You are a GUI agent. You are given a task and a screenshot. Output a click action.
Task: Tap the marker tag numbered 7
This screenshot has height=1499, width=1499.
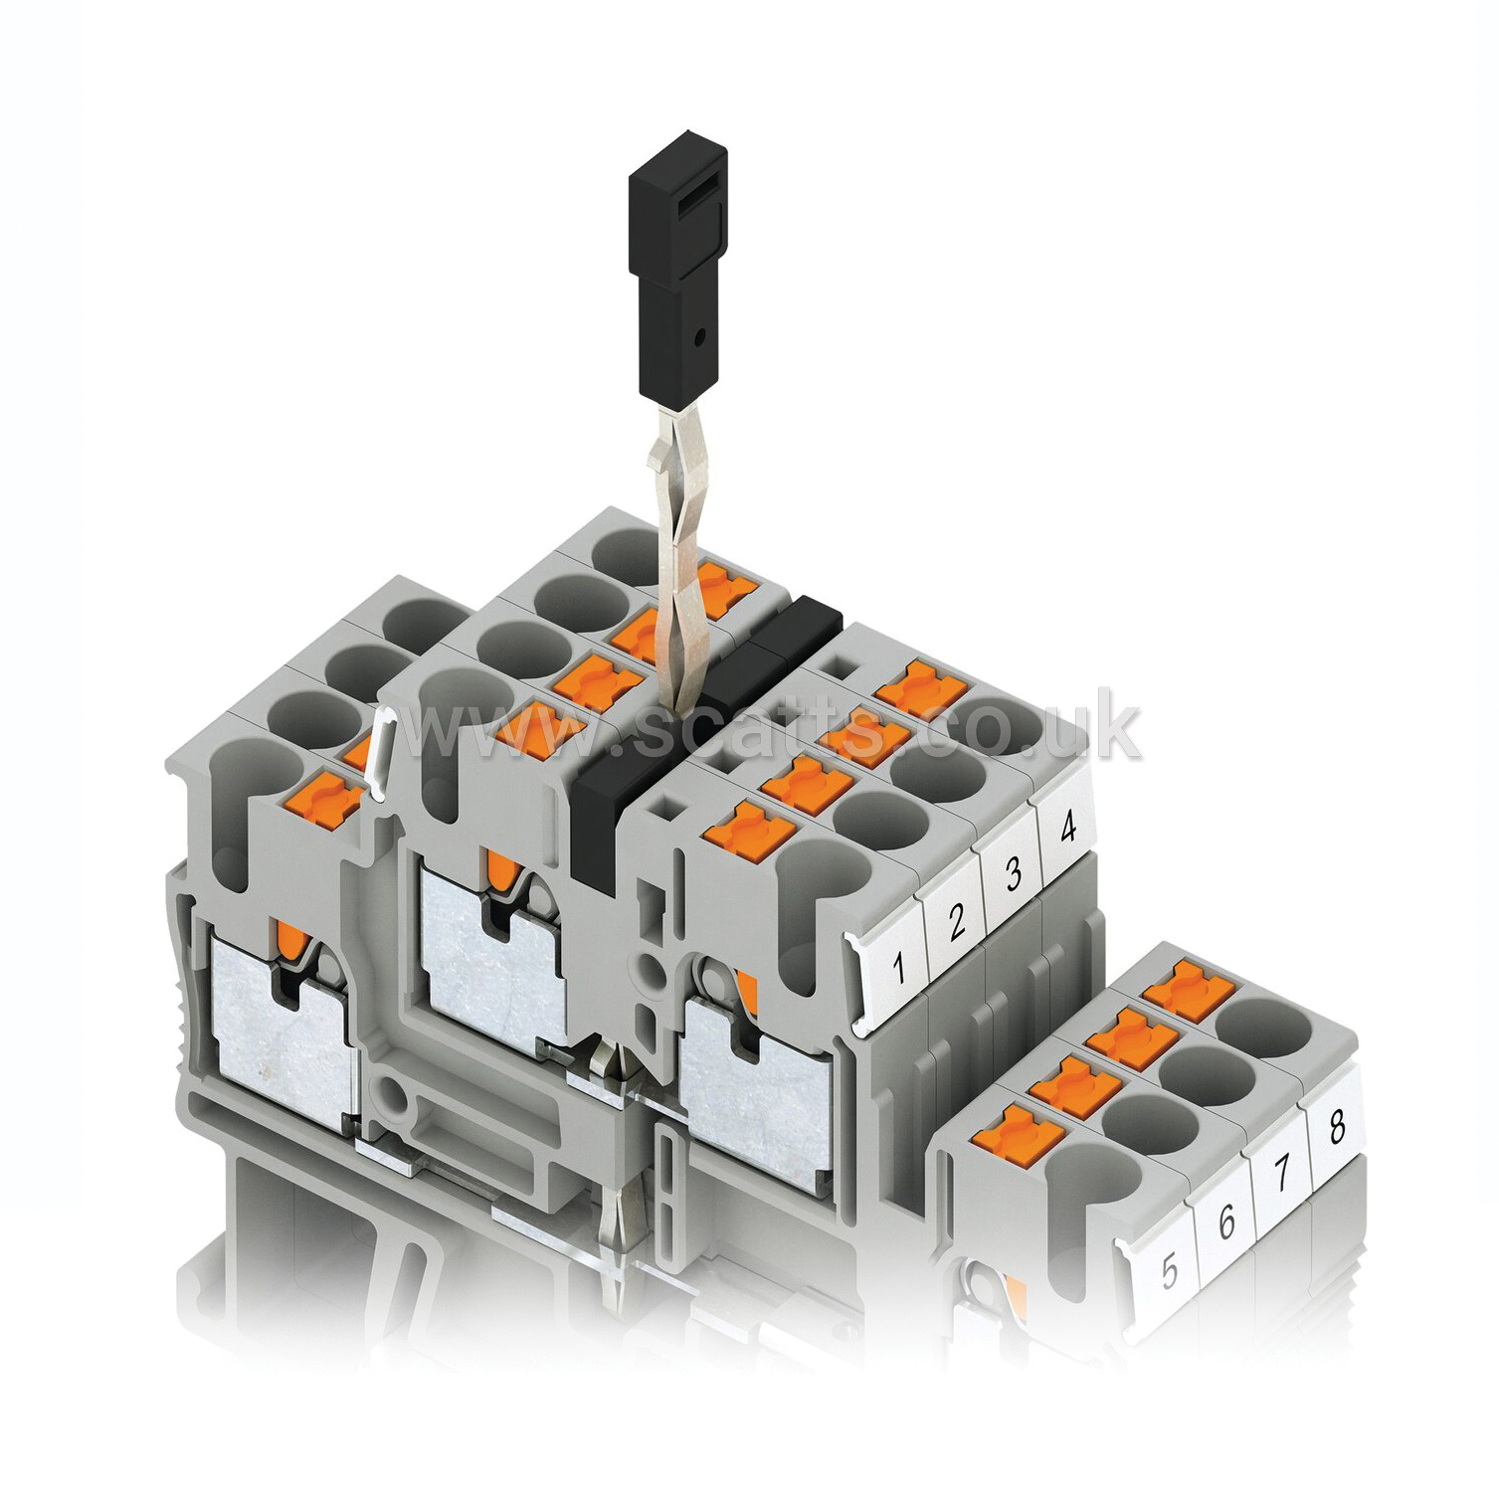click(x=1282, y=1174)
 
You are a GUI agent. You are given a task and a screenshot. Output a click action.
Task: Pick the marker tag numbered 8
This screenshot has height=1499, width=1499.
click(x=1336, y=1127)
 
